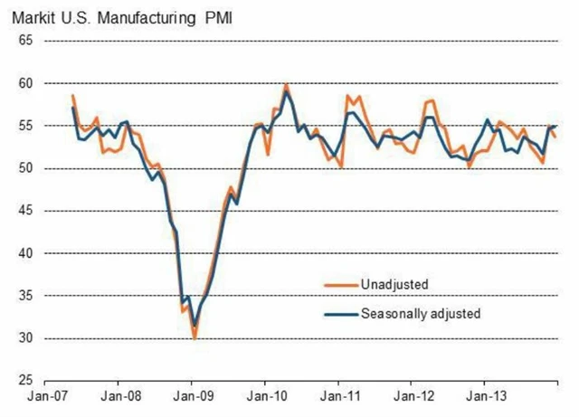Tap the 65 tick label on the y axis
[x=25, y=41]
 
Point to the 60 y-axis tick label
[x=25, y=83]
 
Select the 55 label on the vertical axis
[x=25, y=126]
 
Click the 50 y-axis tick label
[x=25, y=168]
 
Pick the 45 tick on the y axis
[x=25, y=211]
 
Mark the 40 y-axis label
[x=25, y=253]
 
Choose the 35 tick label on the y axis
[x=25, y=296]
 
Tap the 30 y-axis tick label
[x=25, y=338]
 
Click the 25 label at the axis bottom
[x=25, y=381]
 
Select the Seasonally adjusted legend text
[x=420, y=314]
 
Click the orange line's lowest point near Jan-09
[x=194, y=336]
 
